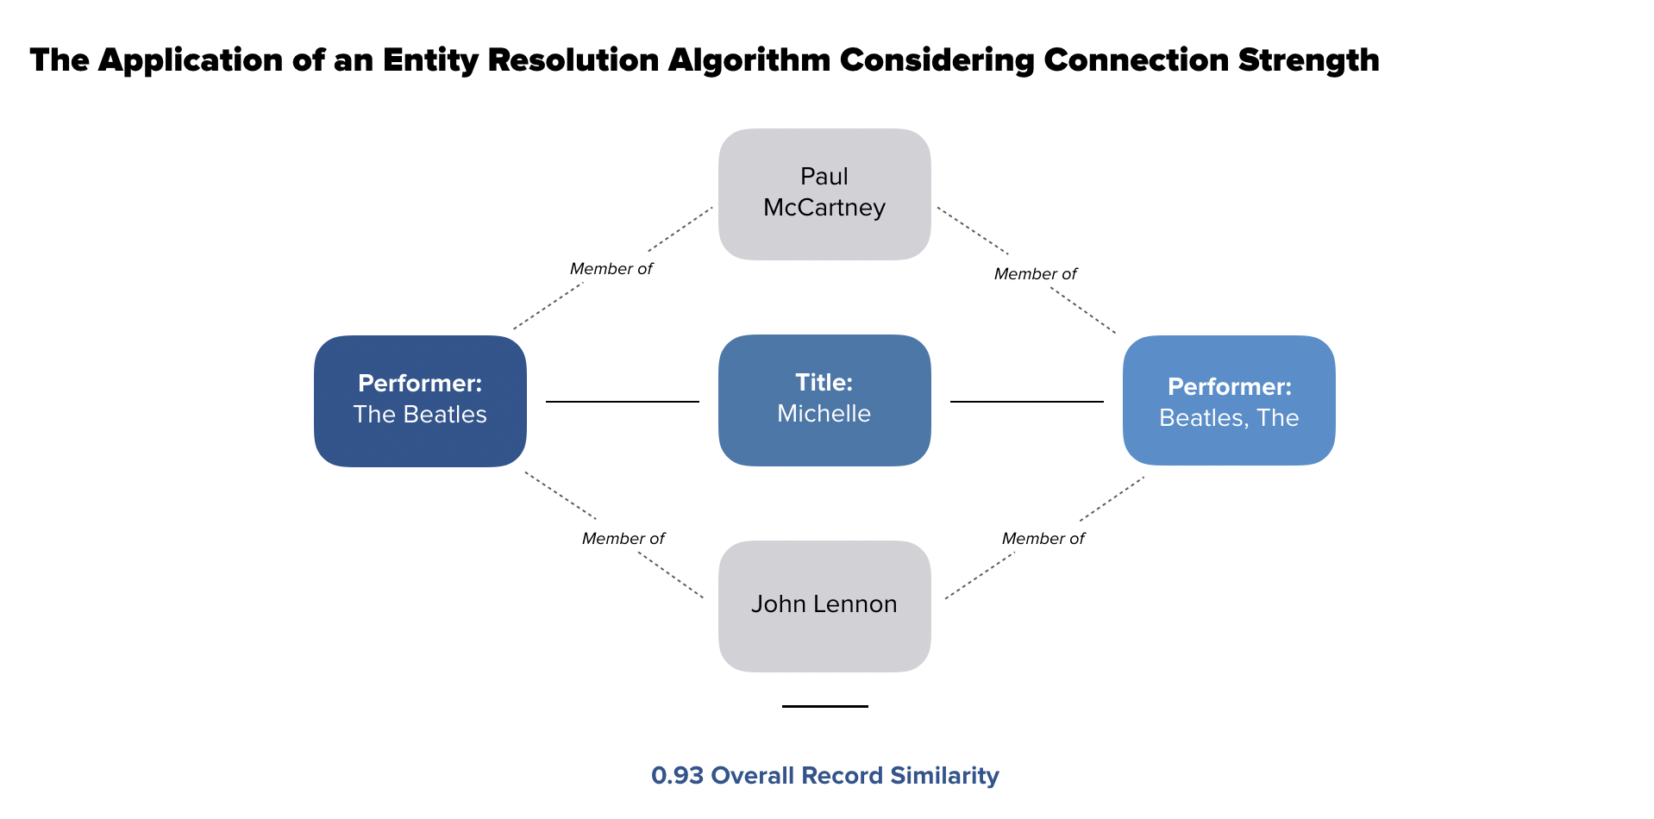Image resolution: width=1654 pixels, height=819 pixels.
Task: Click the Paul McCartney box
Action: coord(824,194)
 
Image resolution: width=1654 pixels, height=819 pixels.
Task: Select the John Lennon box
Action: coord(824,606)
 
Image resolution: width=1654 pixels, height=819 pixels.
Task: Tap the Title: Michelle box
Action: coord(824,400)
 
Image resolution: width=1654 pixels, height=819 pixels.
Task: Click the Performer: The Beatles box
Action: coord(420,401)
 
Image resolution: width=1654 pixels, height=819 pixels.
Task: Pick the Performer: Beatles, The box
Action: coord(1229,400)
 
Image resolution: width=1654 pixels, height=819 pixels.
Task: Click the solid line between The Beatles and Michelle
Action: coord(623,401)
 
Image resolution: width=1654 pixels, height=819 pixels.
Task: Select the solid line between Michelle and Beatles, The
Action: coord(1027,401)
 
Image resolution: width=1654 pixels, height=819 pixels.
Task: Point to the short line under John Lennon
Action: coord(825,706)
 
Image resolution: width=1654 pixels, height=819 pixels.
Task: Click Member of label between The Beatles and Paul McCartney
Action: coord(611,269)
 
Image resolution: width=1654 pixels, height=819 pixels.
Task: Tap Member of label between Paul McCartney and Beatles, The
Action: coord(1036,274)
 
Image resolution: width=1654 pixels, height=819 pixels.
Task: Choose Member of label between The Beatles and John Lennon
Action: coord(623,539)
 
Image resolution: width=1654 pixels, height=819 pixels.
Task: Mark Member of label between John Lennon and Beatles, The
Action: coord(1043,539)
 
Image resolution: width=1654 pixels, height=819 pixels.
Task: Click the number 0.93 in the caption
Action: coord(678,775)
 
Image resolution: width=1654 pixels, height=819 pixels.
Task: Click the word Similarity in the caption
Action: coord(945,776)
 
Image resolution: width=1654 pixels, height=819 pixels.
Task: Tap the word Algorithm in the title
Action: coord(749,60)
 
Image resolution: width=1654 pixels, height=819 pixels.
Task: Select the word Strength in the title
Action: coord(1309,60)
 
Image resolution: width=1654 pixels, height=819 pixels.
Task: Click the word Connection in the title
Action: coord(1137,60)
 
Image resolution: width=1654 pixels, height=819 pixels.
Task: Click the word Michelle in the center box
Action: coord(824,414)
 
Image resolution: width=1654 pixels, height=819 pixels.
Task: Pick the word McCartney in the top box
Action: coord(824,208)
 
